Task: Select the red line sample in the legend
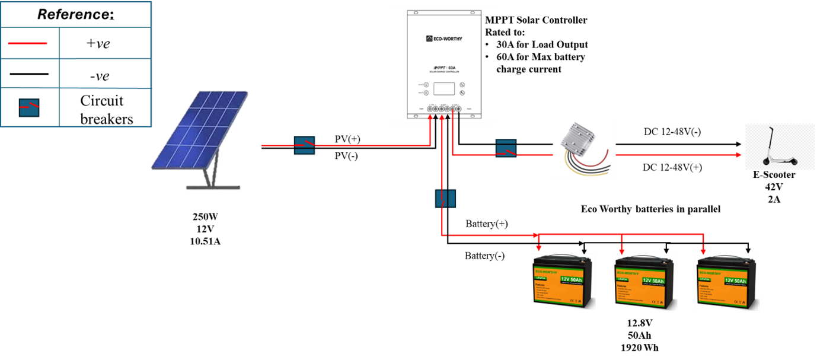pyautogui.click(x=29, y=43)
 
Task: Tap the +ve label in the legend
pyautogui.click(x=98, y=43)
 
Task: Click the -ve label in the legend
pyautogui.click(x=98, y=76)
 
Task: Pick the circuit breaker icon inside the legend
pyautogui.click(x=29, y=107)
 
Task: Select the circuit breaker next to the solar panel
pyautogui.click(x=304, y=145)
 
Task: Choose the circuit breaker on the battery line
pyautogui.click(x=445, y=199)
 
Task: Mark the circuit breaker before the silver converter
pyautogui.click(x=506, y=148)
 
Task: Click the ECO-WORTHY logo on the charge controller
pyautogui.click(x=443, y=39)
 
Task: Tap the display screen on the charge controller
pyautogui.click(x=444, y=89)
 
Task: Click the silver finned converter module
pyautogui.click(x=583, y=137)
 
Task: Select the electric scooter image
pyautogui.click(x=780, y=146)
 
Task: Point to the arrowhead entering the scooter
pyautogui.click(x=739, y=155)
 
